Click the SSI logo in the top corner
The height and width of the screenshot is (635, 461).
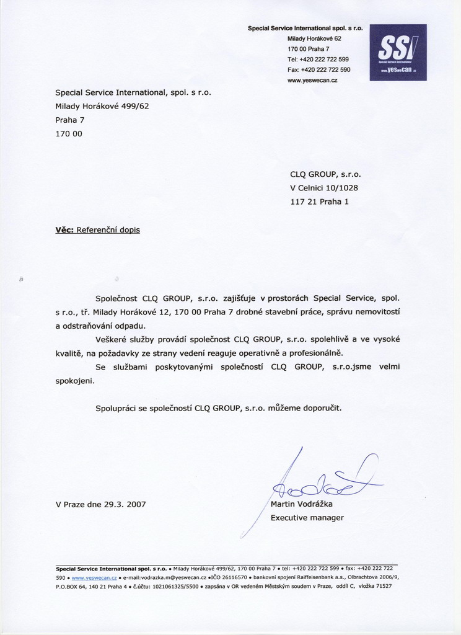(x=398, y=52)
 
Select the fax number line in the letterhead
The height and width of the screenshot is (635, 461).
(x=318, y=69)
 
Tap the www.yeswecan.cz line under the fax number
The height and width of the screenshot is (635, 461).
(x=312, y=81)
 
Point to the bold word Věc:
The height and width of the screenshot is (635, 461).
(x=64, y=229)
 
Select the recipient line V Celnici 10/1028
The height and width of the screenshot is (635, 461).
(x=324, y=188)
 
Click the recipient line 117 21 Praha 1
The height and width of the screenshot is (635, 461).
(x=319, y=202)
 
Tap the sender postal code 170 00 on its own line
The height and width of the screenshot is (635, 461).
(x=69, y=133)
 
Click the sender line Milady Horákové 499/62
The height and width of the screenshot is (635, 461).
(x=102, y=106)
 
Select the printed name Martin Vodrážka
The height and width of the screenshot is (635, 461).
(x=302, y=504)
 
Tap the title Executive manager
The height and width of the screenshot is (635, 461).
(x=307, y=518)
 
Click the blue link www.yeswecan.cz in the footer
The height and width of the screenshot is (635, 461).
(x=94, y=577)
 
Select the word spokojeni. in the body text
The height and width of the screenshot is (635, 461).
(x=76, y=381)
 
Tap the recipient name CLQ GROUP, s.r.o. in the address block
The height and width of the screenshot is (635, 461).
(x=325, y=174)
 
